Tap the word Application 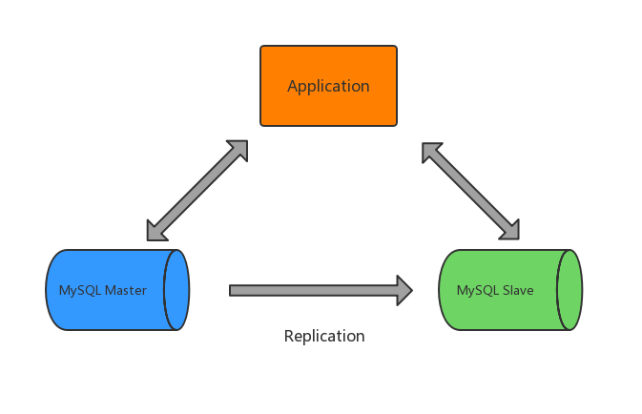coord(328,86)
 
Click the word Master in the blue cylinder coord(126,290)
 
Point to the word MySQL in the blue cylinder coord(80,290)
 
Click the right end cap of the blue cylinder coord(176,290)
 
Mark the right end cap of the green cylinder coord(570,290)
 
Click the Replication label coord(324,336)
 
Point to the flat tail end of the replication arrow coord(232,290)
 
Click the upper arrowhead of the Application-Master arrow coord(238,150)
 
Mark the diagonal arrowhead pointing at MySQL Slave coord(510,230)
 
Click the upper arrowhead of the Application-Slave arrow coord(431,152)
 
